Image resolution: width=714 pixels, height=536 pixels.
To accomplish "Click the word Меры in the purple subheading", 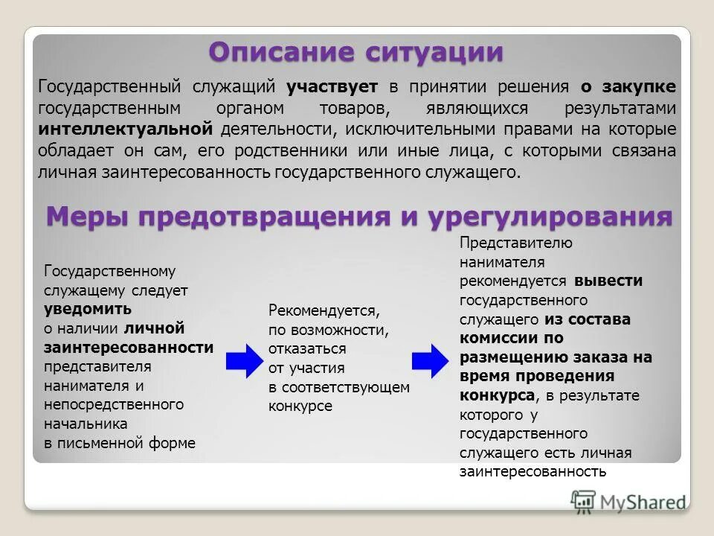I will [84, 217].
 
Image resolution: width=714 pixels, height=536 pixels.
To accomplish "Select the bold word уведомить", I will [88, 309].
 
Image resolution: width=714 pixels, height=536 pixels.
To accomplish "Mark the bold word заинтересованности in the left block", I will [129, 348].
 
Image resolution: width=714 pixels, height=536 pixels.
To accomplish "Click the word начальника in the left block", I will [86, 424].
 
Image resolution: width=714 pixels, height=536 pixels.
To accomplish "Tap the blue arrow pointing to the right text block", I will [431, 360].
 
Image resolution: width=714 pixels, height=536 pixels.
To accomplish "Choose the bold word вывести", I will [608, 281].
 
